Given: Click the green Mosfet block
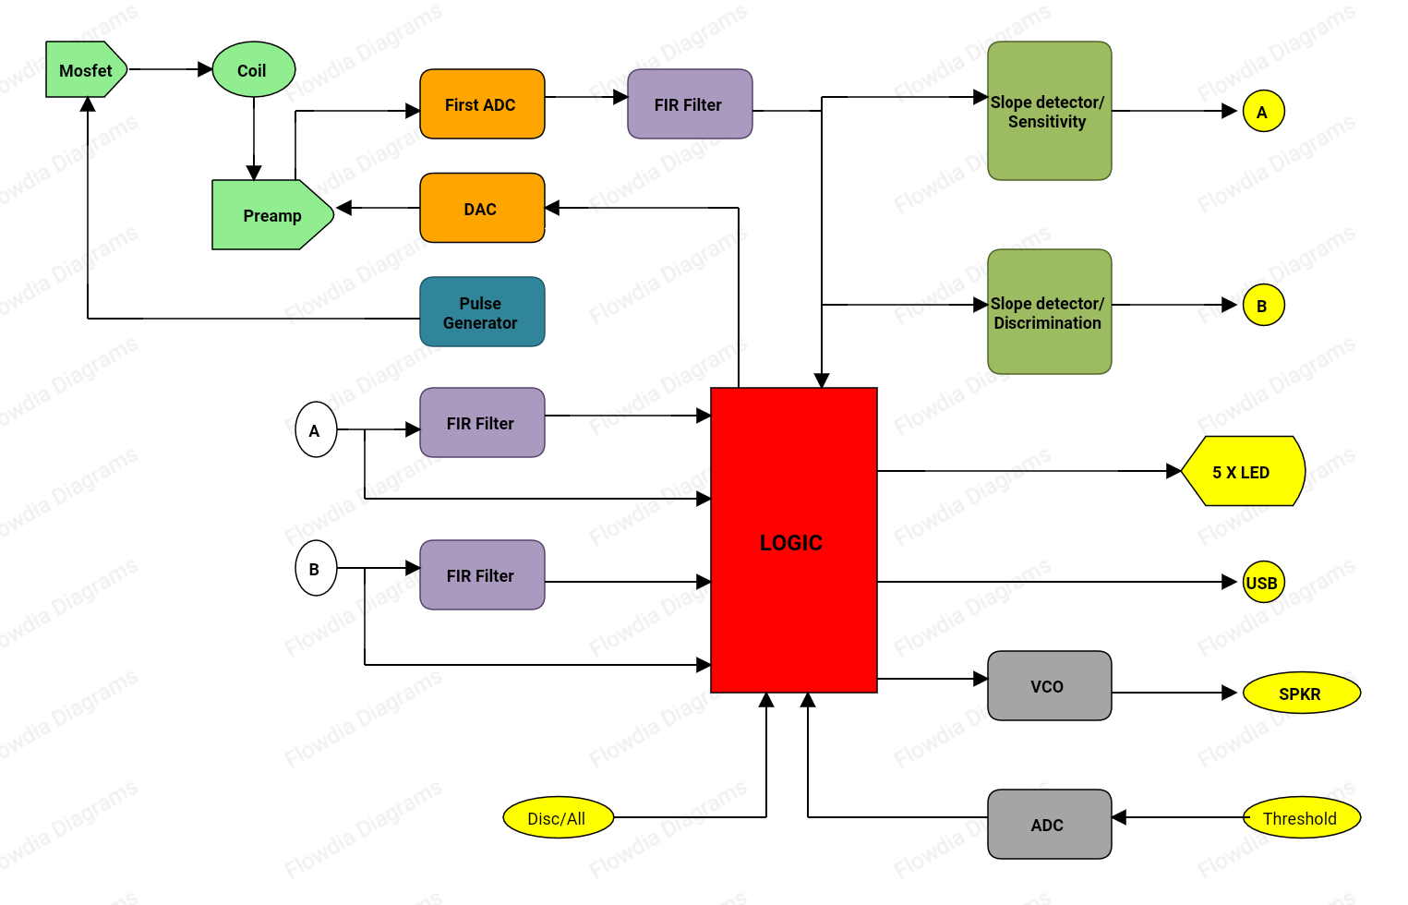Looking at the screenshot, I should [85, 70].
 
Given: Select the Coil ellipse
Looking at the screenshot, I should [253, 70].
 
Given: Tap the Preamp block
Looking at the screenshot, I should [271, 215].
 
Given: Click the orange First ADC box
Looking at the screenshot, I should [481, 104].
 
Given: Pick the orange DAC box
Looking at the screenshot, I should [481, 209].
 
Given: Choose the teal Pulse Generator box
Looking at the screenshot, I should [481, 312].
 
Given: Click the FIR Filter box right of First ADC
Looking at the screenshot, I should [689, 104].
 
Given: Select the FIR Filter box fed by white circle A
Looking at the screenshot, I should [481, 423].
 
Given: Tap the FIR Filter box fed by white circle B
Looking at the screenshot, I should [481, 575].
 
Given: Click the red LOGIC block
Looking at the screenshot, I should [792, 541].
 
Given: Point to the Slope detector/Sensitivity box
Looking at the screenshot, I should [1048, 111].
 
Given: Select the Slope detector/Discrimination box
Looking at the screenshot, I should [1048, 312].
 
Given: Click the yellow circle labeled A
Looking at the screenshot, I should [1262, 112].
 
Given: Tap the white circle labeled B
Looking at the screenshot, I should [315, 569].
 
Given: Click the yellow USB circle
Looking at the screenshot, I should [1262, 583].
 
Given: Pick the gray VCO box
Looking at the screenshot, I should [1048, 686].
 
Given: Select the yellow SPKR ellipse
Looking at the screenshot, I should [1301, 694].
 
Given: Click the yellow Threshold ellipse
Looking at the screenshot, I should [1301, 818].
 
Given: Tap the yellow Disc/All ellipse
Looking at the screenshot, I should [558, 818].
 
